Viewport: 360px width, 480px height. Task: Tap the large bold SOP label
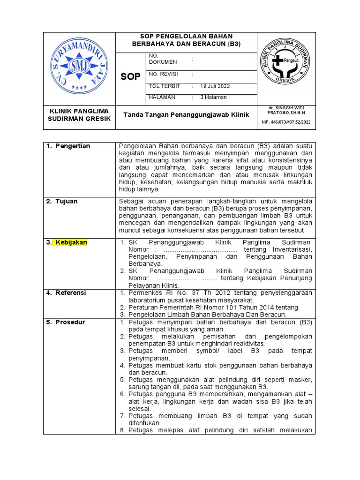(x=130, y=77)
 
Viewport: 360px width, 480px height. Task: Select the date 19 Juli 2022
(x=215, y=86)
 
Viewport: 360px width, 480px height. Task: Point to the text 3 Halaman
(x=213, y=97)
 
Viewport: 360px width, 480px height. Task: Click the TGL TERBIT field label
(x=164, y=86)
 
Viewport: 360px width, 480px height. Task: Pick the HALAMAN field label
(x=162, y=97)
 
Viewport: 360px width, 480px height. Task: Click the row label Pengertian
(x=73, y=146)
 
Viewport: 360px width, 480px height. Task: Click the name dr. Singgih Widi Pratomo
(x=286, y=110)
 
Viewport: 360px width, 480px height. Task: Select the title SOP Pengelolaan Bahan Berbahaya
(x=186, y=40)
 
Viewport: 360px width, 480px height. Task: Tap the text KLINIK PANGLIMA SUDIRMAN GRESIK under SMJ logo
(x=79, y=115)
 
